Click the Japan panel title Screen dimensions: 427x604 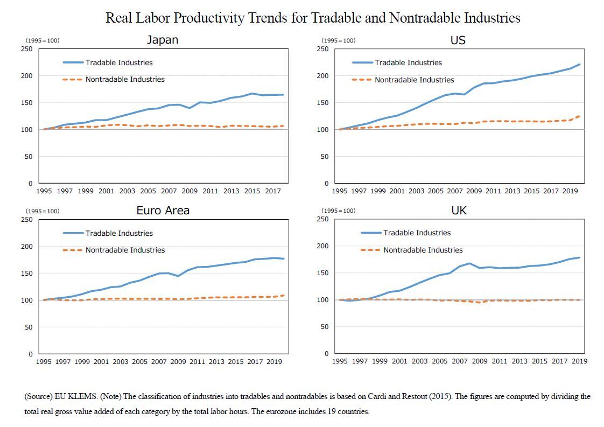click(163, 40)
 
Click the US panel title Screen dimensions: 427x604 click(458, 40)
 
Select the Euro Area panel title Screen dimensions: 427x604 click(163, 211)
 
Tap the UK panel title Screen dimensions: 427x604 click(459, 211)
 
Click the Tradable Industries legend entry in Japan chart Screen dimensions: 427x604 click(118, 62)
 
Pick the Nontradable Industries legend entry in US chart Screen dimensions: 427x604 click(414, 80)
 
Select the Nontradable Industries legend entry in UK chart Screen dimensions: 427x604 click(423, 250)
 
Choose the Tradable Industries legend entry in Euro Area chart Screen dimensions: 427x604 click(118, 233)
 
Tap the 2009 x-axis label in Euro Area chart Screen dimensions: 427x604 click(178, 362)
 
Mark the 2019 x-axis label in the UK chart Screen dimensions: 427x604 click(579, 361)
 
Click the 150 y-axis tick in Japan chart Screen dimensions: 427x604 click(27, 103)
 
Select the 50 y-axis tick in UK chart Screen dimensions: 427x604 click(325, 327)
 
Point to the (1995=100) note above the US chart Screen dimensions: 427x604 click(338, 40)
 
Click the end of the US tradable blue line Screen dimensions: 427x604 click(579, 65)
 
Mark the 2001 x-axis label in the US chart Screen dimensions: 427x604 click(397, 191)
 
